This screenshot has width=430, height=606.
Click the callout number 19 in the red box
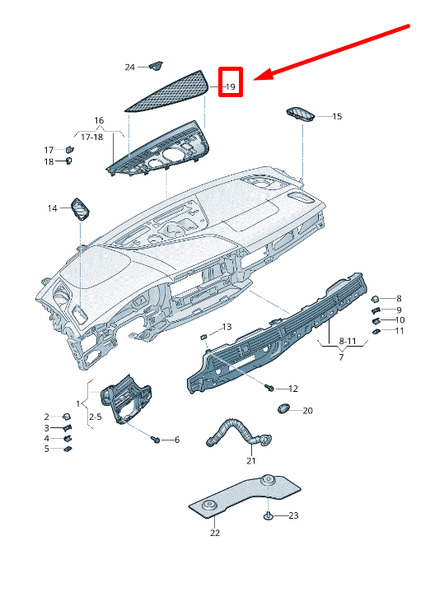(x=231, y=86)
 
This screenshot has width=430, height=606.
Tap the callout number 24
(x=129, y=67)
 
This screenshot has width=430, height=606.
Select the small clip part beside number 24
(x=155, y=65)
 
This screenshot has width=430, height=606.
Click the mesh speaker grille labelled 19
(x=169, y=90)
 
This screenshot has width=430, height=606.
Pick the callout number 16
(x=99, y=121)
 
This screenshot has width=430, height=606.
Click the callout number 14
(x=52, y=208)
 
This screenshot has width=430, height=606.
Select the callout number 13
(x=227, y=327)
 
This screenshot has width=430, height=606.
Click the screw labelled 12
(x=270, y=386)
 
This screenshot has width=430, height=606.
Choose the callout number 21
(x=251, y=460)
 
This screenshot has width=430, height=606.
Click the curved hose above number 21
(x=231, y=428)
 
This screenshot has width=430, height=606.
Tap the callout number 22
(x=215, y=533)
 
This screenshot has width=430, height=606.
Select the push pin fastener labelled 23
(x=269, y=515)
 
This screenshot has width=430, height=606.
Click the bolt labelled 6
(x=156, y=439)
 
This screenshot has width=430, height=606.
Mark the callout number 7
(x=340, y=358)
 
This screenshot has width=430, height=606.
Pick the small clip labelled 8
(x=375, y=298)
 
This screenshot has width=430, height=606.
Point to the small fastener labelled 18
(x=68, y=161)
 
